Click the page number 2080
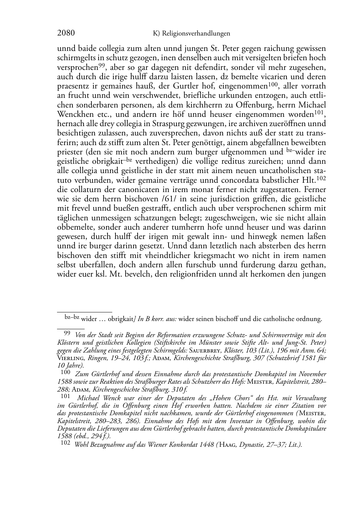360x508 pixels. pyautogui.click(x=66, y=33)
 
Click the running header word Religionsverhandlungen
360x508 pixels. pyautogui.click(x=196, y=34)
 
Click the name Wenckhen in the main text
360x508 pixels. pyautogui.click(x=74, y=115)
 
